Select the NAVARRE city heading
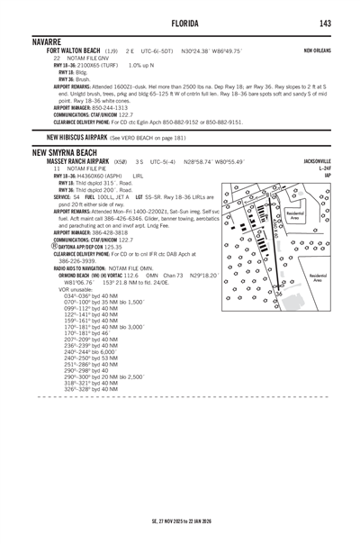pyautogui.click(x=51, y=41)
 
